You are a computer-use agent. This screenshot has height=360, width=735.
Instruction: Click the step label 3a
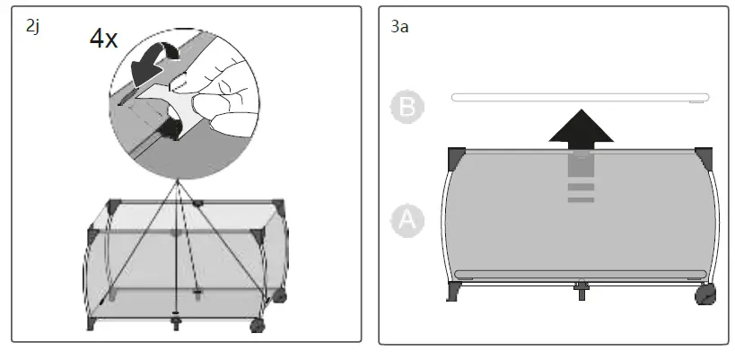[400, 27]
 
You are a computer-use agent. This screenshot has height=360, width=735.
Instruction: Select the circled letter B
[407, 107]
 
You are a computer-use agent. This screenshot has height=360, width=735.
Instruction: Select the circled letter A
[407, 220]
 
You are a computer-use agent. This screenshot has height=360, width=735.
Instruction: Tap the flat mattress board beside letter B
[580, 97]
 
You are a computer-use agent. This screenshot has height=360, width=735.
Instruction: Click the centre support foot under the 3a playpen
[581, 289]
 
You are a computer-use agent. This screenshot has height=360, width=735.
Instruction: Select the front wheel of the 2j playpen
[258, 325]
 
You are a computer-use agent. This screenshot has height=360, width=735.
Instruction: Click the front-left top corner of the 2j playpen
[93, 236]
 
